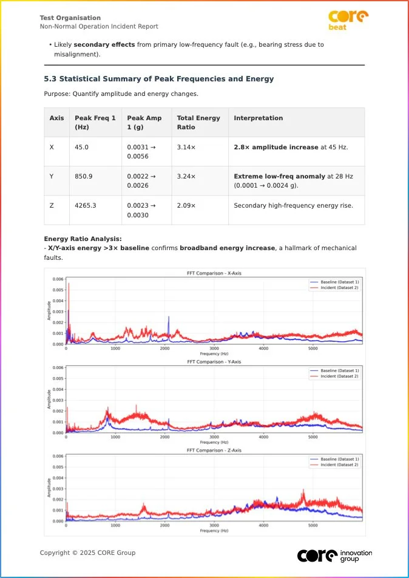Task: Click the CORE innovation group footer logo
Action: coord(334,555)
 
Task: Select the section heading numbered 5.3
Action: coord(159,79)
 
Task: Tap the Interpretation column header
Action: coord(259,118)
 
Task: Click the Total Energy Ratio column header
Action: coord(198,123)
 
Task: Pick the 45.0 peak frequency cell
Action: coord(82,148)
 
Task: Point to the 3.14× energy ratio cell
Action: coord(186,148)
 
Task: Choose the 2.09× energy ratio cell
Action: coord(186,206)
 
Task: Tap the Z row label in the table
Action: coord(52,206)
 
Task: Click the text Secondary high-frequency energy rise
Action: coord(294,206)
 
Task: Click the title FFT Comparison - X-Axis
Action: coord(214,274)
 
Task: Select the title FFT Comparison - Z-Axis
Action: coord(214,450)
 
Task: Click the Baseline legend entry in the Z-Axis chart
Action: coord(339,459)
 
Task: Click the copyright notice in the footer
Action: coord(87,553)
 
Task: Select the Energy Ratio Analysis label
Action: coord(83,239)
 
